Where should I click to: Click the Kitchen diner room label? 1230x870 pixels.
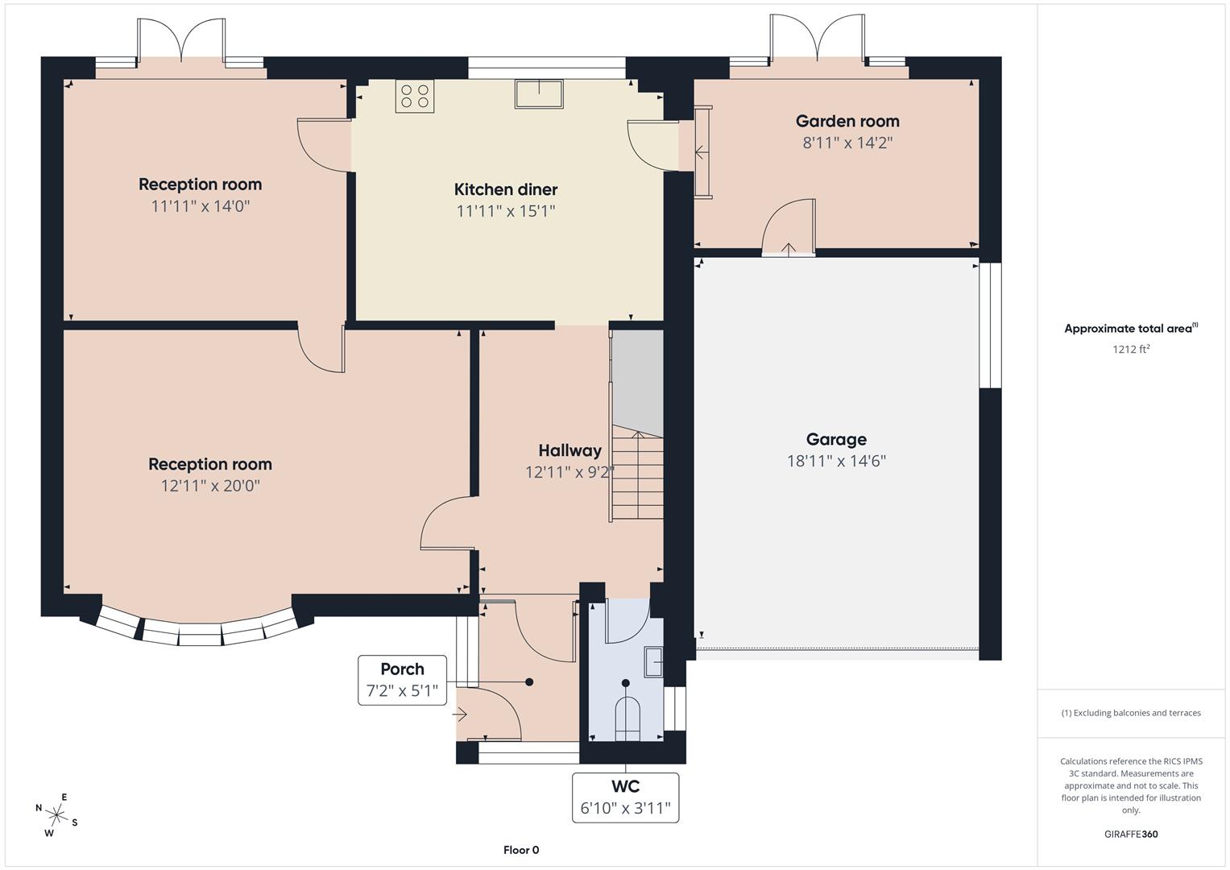click(505, 189)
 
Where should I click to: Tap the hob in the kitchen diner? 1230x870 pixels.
click(414, 97)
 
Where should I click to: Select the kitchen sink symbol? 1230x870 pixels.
click(540, 93)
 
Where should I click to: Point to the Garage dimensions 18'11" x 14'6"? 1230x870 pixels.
click(836, 461)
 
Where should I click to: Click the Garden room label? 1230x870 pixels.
click(847, 121)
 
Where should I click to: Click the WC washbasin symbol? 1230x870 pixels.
click(653, 662)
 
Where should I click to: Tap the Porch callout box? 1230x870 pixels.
click(402, 680)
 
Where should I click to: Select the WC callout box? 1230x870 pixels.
click(625, 797)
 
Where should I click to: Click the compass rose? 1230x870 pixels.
click(56, 814)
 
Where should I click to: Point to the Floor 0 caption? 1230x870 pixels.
click(521, 850)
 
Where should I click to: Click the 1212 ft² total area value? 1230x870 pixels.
click(1130, 349)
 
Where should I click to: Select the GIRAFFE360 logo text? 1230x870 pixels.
click(1130, 834)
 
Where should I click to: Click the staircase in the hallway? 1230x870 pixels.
click(637, 475)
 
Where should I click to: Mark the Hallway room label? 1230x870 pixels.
click(569, 450)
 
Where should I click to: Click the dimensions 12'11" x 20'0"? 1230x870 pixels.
click(209, 486)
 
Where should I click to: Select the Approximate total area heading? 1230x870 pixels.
click(1130, 328)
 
